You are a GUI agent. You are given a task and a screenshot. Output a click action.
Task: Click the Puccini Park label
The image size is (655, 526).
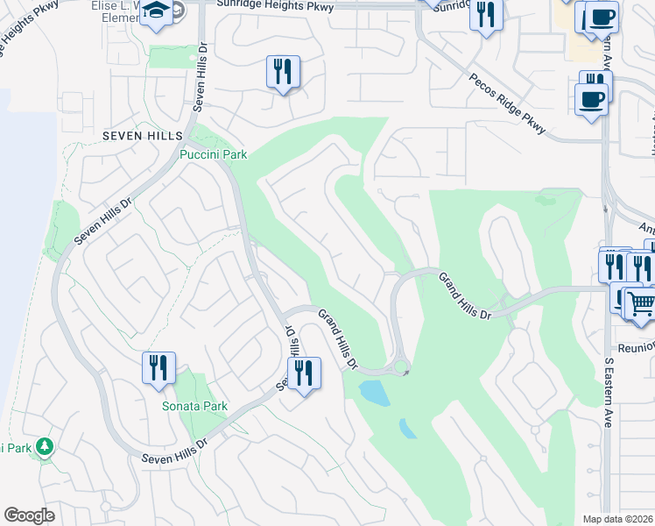[213, 155]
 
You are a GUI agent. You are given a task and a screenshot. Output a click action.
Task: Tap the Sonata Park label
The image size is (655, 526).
[194, 406]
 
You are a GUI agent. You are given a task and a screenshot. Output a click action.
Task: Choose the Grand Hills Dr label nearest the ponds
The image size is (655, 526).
[338, 338]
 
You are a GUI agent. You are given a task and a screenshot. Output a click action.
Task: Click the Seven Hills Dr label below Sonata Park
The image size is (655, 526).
[176, 451]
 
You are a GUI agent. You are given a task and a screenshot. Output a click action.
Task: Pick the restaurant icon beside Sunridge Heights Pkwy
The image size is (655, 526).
[486, 15]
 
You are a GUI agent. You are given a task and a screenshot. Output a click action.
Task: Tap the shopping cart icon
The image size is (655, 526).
[640, 303]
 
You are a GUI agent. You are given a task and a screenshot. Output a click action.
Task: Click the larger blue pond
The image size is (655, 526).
[375, 392]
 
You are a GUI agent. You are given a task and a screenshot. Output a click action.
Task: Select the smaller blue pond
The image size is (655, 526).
[407, 429]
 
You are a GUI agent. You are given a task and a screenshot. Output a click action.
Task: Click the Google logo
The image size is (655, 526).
[29, 515]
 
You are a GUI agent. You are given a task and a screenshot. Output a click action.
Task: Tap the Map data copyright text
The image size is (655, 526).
[616, 519]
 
